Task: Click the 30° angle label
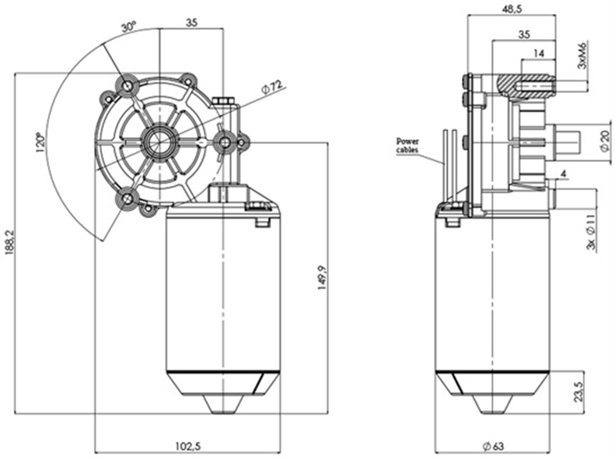click(129, 28)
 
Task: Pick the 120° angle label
click(38, 142)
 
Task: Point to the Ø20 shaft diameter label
click(605, 138)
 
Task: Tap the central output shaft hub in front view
click(160, 141)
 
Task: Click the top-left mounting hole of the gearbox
click(128, 87)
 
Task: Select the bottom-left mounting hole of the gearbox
click(128, 198)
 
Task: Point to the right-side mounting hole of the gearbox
click(223, 142)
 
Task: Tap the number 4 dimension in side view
click(564, 176)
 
